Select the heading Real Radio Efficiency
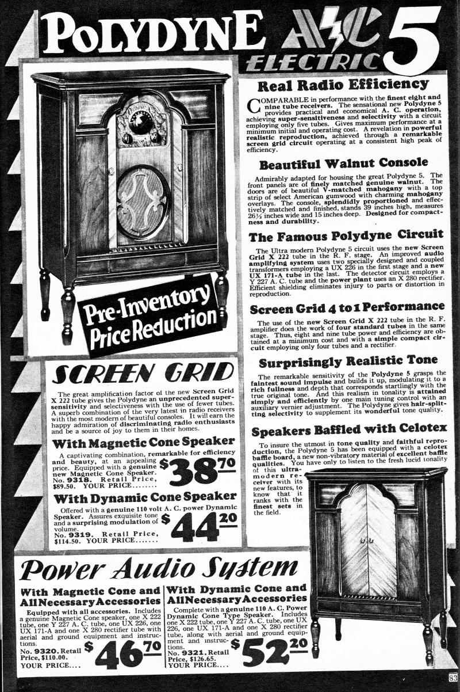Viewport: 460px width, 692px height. coord(343,86)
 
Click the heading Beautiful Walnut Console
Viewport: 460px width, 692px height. coord(343,162)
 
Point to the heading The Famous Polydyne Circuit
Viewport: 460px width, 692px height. coord(346,235)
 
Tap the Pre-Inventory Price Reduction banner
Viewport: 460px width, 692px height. coord(151,315)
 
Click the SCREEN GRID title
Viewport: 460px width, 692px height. coord(143,375)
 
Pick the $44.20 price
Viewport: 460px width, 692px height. coord(197,524)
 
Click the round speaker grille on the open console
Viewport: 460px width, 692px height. coord(143,203)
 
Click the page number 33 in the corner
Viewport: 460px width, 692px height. coord(454,676)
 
